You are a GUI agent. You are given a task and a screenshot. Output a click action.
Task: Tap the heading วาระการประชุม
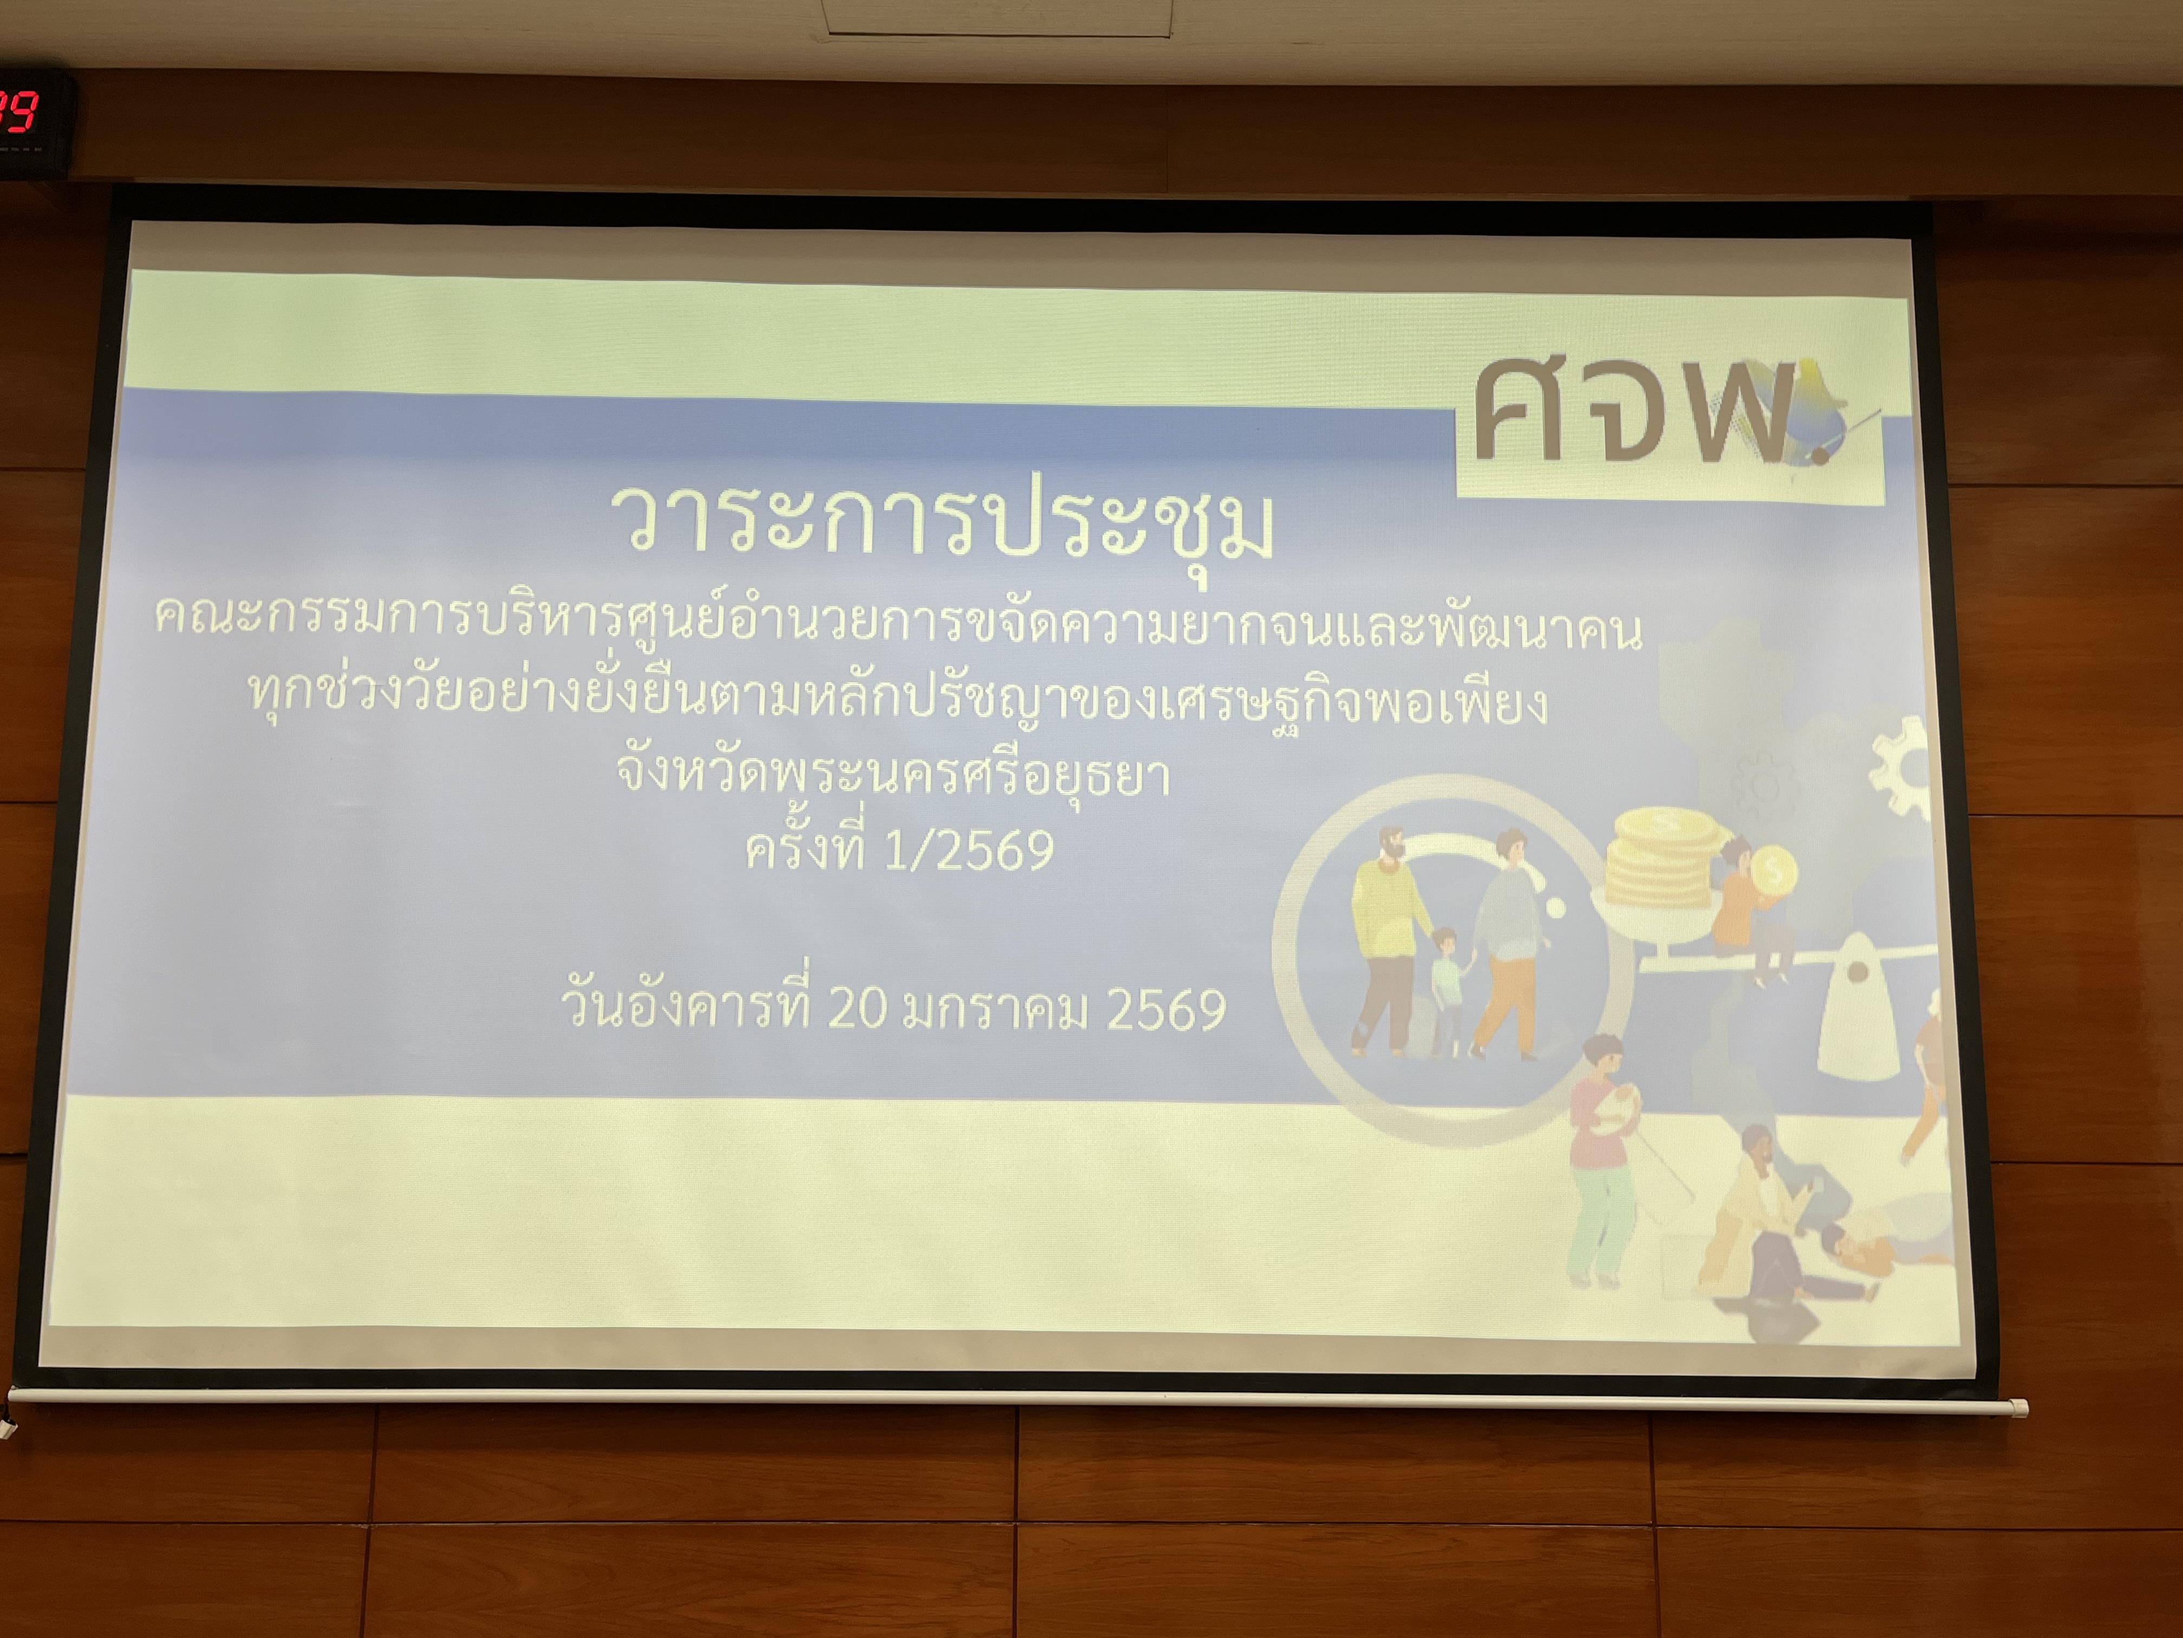pyautogui.click(x=943, y=521)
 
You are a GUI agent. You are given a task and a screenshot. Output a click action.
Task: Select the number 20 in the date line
pyautogui.click(x=857, y=1008)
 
